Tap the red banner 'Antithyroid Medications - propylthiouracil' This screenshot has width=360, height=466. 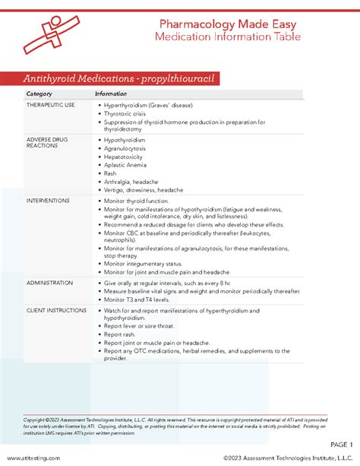click(125, 79)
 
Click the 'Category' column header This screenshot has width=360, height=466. click(39, 94)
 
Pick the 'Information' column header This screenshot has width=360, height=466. click(111, 94)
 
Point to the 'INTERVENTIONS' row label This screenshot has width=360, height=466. click(48, 201)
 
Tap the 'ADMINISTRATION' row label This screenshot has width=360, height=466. click(50, 283)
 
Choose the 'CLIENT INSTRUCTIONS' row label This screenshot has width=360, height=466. click(55, 311)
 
